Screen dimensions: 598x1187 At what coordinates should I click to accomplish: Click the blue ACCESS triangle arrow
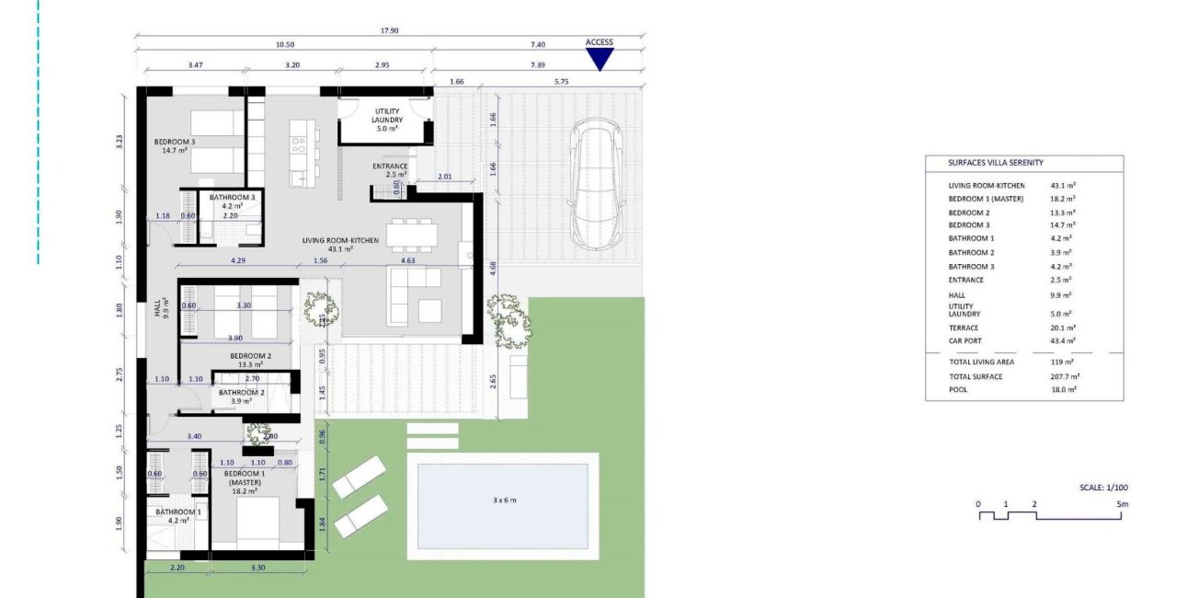(x=599, y=59)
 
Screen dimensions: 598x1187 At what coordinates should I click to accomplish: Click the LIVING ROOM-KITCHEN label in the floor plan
(x=327, y=241)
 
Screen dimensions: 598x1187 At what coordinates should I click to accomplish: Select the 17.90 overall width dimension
(x=390, y=30)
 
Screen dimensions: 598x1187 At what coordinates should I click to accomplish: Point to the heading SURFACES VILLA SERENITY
(x=996, y=163)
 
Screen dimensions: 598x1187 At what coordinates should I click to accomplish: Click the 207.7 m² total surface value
(x=1065, y=376)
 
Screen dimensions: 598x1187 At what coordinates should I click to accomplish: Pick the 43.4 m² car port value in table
(x=1063, y=341)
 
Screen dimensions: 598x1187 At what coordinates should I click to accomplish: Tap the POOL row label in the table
(x=958, y=389)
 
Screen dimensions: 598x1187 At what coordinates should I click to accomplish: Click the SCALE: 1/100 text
(x=1103, y=488)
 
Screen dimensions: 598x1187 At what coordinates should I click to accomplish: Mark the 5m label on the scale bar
(x=1122, y=504)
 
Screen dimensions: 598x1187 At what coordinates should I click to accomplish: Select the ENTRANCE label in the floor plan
(x=390, y=166)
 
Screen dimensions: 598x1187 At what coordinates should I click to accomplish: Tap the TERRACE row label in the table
(x=964, y=328)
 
